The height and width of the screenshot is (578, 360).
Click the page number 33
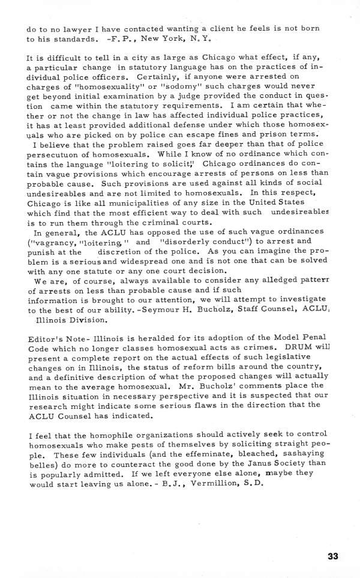(334, 556)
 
